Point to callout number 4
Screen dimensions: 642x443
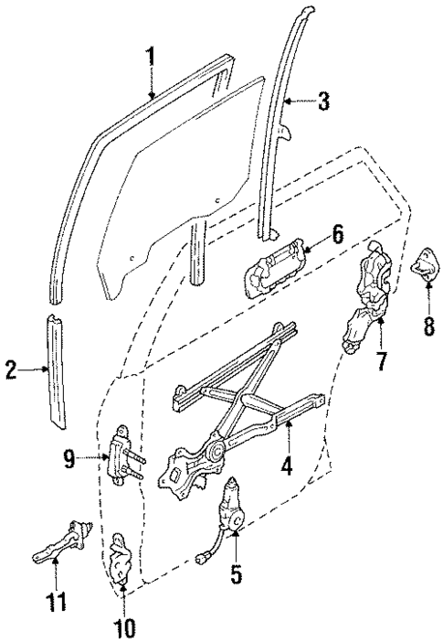coord(286,464)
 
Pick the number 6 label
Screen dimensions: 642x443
coord(337,235)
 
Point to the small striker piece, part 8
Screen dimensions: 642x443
coord(427,267)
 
